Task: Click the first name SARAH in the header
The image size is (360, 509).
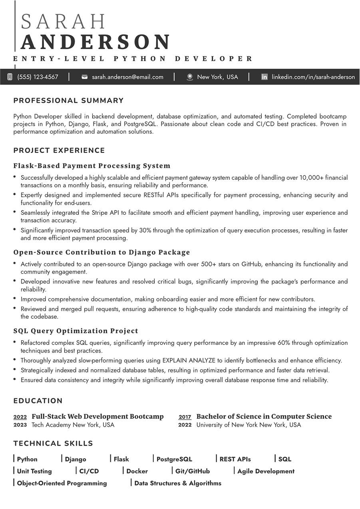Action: tap(63, 22)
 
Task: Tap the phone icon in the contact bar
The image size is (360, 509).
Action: tap(10, 77)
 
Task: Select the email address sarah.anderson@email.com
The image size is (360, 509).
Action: tap(127, 77)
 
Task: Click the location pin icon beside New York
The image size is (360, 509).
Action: tap(190, 77)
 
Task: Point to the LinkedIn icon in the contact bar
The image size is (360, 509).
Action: tap(264, 77)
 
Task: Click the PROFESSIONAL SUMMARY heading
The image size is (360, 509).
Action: tap(68, 101)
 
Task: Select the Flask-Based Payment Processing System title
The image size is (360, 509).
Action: tap(92, 166)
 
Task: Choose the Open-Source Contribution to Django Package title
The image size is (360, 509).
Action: tap(101, 252)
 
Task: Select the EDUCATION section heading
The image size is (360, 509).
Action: tap(38, 401)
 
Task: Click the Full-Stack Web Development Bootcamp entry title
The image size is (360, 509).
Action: tap(97, 416)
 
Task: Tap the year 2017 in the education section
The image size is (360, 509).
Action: tap(185, 417)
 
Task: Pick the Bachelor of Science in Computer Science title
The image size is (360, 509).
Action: tap(264, 416)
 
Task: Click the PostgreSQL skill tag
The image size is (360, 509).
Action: tap(174, 459)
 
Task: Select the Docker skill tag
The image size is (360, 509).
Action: tap(137, 471)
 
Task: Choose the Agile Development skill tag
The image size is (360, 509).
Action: tap(266, 471)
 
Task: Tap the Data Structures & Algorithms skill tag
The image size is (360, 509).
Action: tap(178, 483)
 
